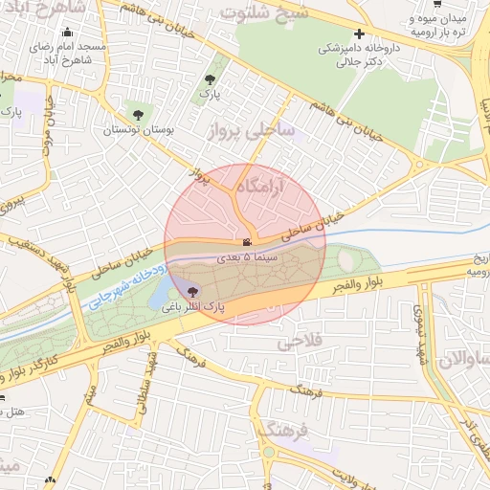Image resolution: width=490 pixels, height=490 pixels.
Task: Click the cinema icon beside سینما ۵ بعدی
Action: (x=247, y=243)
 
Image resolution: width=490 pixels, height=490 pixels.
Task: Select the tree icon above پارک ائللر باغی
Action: (x=194, y=291)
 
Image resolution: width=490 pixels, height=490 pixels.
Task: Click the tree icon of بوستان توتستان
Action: (x=140, y=115)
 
